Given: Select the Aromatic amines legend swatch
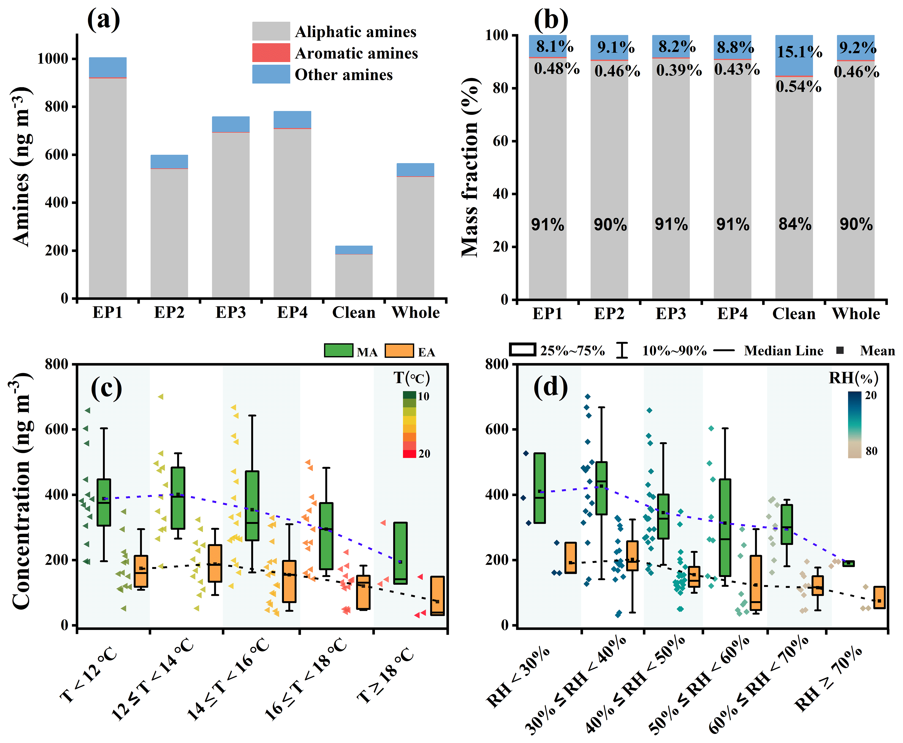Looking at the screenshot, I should click(x=271, y=53).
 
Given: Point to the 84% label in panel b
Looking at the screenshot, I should click(x=795, y=224).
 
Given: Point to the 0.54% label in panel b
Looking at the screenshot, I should click(x=798, y=87).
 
